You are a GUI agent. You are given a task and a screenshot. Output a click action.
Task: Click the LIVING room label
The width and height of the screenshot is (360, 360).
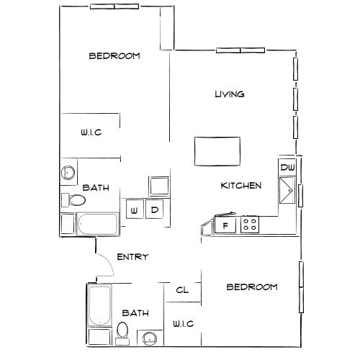coord(230,94)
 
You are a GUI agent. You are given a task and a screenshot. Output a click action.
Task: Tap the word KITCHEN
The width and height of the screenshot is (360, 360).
coord(240,186)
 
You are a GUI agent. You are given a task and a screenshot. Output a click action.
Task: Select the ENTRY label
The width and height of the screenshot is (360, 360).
coord(132,257)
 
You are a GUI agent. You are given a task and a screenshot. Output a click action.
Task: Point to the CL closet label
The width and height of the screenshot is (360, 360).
coord(182,290)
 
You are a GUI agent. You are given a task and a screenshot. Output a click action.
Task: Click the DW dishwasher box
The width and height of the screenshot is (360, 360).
coord(288,168)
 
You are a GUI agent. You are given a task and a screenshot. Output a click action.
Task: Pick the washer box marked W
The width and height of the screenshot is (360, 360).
coord(134,210)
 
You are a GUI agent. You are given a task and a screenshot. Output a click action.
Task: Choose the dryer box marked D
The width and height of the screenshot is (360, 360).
coord(154,210)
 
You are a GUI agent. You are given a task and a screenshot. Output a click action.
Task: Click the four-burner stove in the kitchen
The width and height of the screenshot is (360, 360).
coord(251,225)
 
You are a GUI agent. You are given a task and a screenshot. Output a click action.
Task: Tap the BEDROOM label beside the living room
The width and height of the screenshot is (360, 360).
coord(114,55)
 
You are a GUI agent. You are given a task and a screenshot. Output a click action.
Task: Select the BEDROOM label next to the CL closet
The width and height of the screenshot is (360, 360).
coord(252,287)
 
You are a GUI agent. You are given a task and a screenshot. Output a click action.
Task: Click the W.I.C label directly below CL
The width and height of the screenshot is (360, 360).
coord(183,324)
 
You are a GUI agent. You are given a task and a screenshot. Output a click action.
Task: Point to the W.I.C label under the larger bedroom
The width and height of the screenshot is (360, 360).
coord(90,132)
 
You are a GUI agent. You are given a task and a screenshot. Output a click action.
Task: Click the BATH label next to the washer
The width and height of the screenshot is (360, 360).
coord(96,187)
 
